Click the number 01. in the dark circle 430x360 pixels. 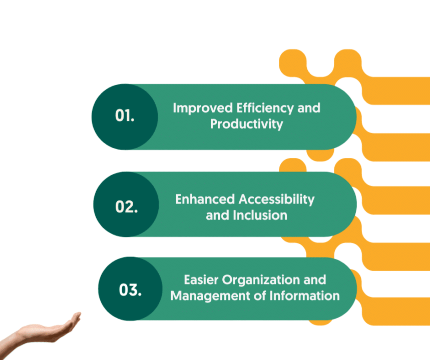click(x=125, y=115)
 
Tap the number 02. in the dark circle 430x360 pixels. click(x=127, y=206)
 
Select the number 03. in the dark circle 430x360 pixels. click(x=130, y=290)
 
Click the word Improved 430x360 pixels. click(x=203, y=108)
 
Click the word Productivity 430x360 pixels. click(x=247, y=124)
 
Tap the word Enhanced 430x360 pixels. click(x=205, y=199)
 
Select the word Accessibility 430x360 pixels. click(x=277, y=199)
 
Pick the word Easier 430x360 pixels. click(x=201, y=280)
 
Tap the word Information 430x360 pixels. click(x=305, y=296)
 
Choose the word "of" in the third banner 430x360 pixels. click(x=260, y=296)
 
